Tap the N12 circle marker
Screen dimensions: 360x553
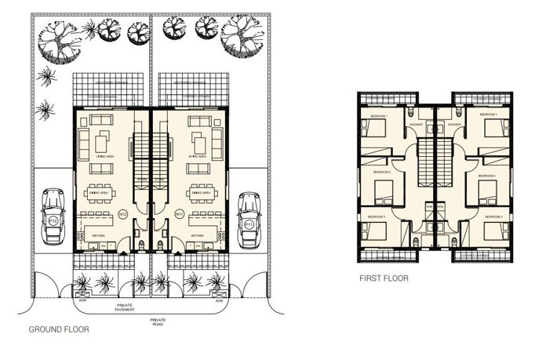(122, 214)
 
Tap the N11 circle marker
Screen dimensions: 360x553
(179, 213)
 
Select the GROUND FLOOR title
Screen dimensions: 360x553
(59, 330)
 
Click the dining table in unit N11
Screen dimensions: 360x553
(199, 192)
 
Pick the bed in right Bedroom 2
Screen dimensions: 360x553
(490, 189)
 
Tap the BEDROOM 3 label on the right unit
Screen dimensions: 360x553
(493, 216)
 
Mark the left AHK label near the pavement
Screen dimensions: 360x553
(82, 300)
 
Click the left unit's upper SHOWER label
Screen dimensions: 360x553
(417, 124)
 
